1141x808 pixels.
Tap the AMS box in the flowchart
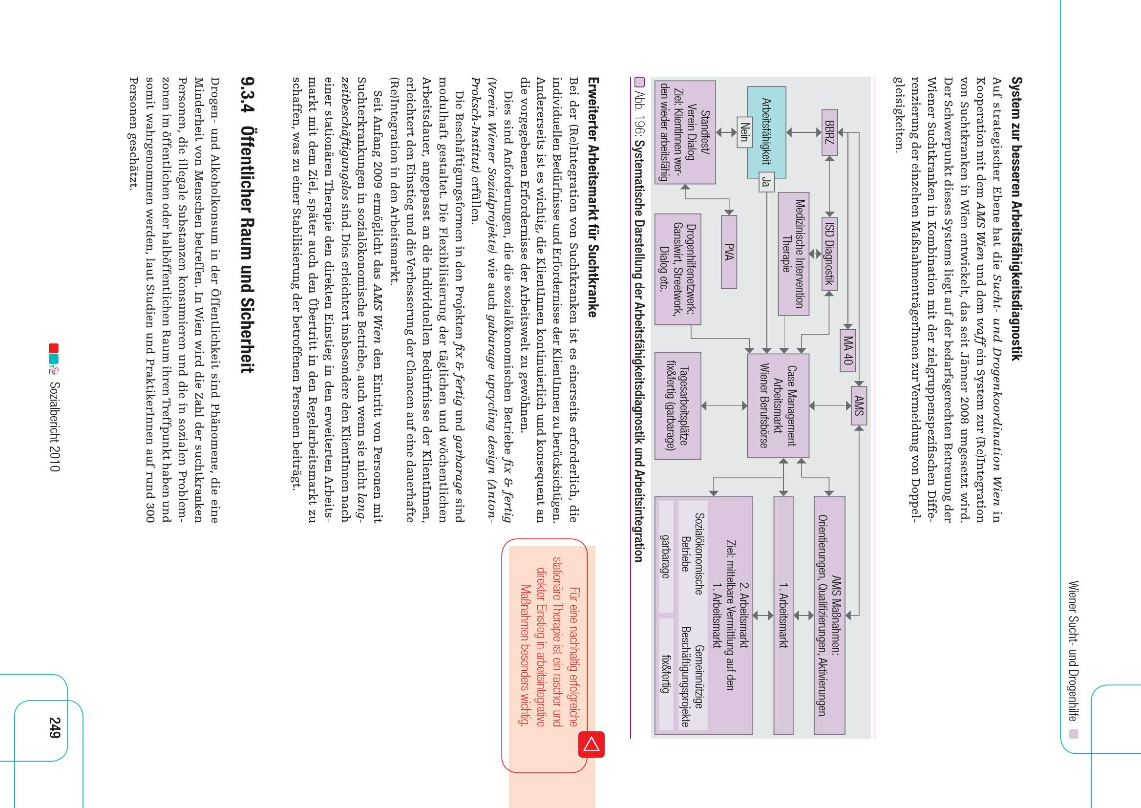click(x=859, y=405)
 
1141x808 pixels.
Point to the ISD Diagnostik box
click(x=829, y=254)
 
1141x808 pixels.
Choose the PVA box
click(x=729, y=252)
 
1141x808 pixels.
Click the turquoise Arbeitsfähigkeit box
click(x=766, y=132)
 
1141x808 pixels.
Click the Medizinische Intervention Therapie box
click(x=793, y=254)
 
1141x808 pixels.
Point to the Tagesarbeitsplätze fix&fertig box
click(x=678, y=405)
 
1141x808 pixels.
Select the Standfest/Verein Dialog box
click(x=685, y=132)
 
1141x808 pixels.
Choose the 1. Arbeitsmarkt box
click(x=783, y=615)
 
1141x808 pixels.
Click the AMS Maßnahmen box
click(x=829, y=615)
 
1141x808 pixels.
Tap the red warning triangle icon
click(x=592, y=744)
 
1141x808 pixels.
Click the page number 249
click(x=55, y=727)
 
